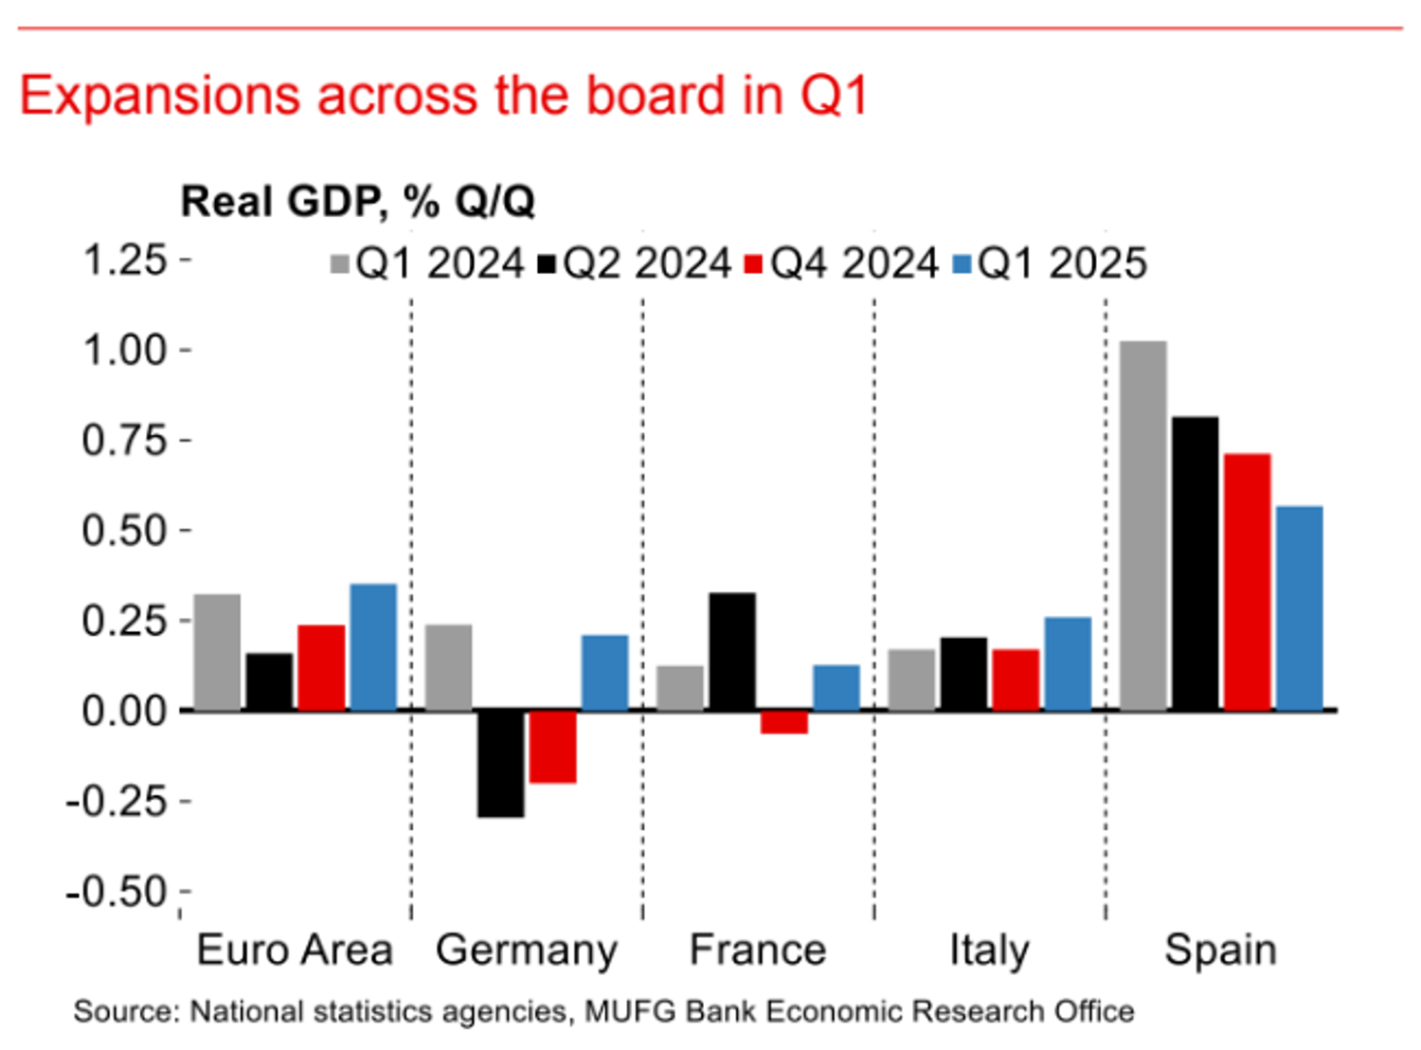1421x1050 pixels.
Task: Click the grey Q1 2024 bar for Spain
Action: pyautogui.click(x=1142, y=526)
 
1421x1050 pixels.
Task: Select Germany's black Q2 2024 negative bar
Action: pyautogui.click(x=500, y=763)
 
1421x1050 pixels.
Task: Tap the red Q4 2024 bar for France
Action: pyautogui.click(x=784, y=722)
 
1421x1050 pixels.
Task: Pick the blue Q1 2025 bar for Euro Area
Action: pyautogui.click(x=373, y=647)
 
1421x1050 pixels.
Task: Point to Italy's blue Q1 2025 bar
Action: pyautogui.click(x=1068, y=663)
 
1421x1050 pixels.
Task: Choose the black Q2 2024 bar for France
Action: pyautogui.click(x=732, y=652)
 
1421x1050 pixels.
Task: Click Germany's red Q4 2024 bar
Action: pyautogui.click(x=552, y=747)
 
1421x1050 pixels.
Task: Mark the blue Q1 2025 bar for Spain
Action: pyautogui.click(x=1299, y=608)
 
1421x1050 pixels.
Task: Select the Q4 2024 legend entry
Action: pyautogui.click(x=842, y=263)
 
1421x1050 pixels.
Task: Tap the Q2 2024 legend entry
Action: pyautogui.click(x=635, y=263)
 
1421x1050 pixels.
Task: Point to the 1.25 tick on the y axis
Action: pyautogui.click(x=125, y=260)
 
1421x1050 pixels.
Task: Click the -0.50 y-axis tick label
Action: pyautogui.click(x=117, y=892)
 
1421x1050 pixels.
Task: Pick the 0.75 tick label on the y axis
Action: pyautogui.click(x=125, y=441)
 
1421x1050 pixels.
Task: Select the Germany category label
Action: pyautogui.click(x=527, y=950)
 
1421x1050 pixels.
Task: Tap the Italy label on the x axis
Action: pyautogui.click(x=989, y=950)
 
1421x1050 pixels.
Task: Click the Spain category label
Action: pyautogui.click(x=1220, y=950)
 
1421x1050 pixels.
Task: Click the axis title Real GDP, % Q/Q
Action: pyautogui.click(x=357, y=202)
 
